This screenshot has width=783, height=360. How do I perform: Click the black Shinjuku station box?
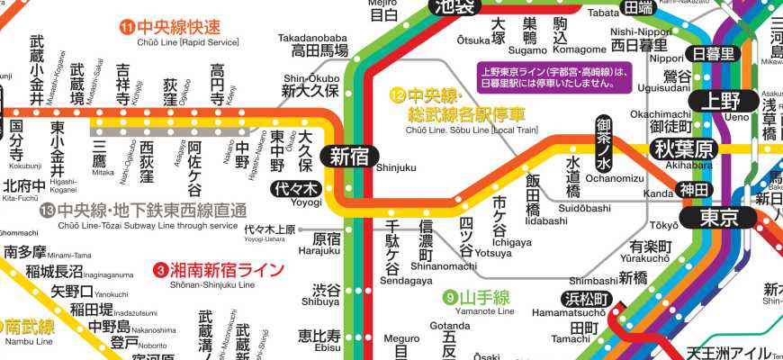coord(348,156)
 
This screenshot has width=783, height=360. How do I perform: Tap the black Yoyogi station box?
coord(296,189)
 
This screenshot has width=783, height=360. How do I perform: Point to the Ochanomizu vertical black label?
coord(604,140)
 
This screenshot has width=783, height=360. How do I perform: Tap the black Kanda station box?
coord(695,191)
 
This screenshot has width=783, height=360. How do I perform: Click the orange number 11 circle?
coord(127,27)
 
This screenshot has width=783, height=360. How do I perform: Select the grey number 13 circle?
coord(48,211)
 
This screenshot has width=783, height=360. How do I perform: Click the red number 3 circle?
coord(160,269)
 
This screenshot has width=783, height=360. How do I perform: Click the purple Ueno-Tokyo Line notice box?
coord(551,77)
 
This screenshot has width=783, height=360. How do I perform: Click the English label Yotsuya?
coord(493,253)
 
